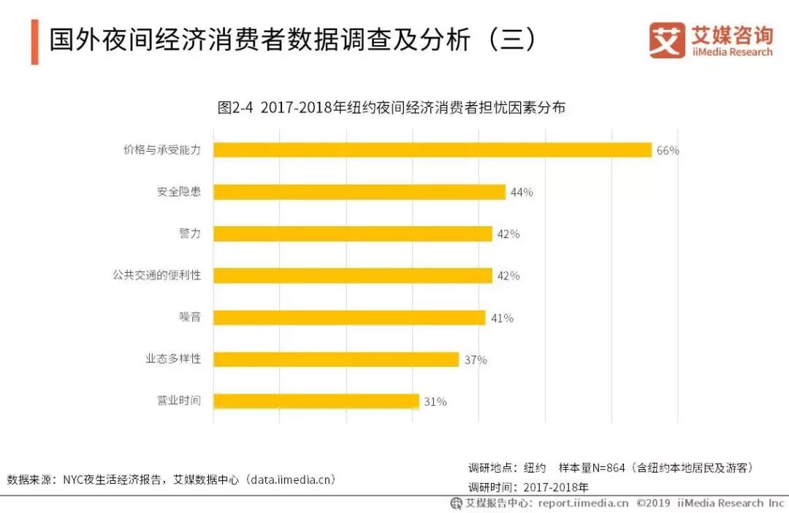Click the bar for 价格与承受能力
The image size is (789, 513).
[x=432, y=150]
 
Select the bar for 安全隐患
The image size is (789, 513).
[x=359, y=192]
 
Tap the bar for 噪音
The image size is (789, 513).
[x=349, y=317]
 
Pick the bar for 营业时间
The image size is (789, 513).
[x=316, y=401]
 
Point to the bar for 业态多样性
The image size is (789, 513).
[x=336, y=360]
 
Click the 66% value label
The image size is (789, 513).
[x=668, y=150]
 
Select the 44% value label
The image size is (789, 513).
[x=522, y=193]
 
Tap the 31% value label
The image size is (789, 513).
[x=435, y=402]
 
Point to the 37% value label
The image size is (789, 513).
[x=476, y=360]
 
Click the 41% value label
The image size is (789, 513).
[x=502, y=318]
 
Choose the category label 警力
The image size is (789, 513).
[x=189, y=234]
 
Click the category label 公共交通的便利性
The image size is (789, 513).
[x=156, y=275]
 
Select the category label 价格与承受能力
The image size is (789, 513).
[x=161, y=150]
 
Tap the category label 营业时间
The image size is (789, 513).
[x=178, y=401]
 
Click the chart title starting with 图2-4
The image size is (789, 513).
[x=392, y=108]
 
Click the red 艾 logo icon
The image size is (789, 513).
[x=666, y=41]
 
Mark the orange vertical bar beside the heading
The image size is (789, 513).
[x=34, y=42]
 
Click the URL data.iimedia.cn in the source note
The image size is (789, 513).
[x=291, y=479]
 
